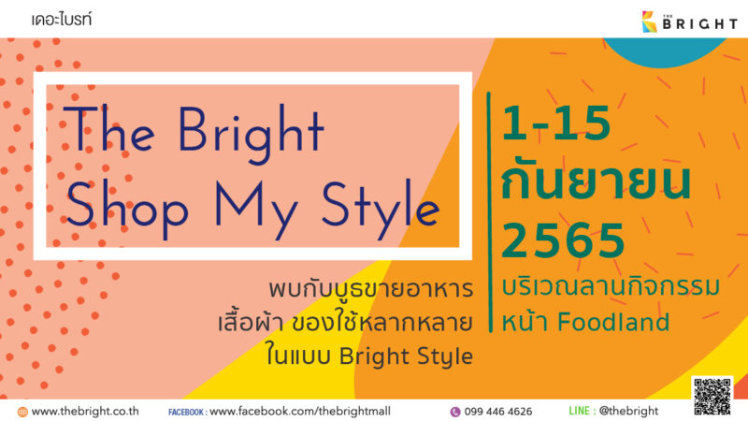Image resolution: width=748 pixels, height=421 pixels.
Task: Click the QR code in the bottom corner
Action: coord(712,396)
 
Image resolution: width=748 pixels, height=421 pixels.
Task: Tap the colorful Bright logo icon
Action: coord(649,22)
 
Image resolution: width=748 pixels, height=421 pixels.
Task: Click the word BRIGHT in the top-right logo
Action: coord(700,24)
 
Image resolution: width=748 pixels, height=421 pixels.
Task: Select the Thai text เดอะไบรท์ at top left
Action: coord(62,20)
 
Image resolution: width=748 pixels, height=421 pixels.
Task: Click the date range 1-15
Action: coord(556,123)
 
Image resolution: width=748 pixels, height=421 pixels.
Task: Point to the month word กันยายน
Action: coord(597,181)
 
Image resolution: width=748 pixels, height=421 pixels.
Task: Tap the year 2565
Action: coord(563,240)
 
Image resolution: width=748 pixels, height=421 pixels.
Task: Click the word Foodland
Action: coord(613,322)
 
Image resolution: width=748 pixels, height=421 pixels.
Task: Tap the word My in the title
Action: coord(255,209)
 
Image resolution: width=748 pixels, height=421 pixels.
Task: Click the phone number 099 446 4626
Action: coord(498,412)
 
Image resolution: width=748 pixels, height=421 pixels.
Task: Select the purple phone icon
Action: coord(455,412)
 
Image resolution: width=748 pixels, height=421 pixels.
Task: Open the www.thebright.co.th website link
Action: coord(85,411)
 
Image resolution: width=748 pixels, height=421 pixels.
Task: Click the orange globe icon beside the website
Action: coord(22,412)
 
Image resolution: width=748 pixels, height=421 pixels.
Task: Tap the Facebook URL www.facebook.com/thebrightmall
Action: coord(300,411)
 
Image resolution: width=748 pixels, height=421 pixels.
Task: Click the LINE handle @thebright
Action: coord(628,411)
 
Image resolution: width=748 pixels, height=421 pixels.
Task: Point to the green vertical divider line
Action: coord(489,212)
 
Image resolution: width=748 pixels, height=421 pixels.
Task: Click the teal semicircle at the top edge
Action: coord(665,51)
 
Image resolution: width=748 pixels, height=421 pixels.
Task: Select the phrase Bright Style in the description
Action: coord(406,356)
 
